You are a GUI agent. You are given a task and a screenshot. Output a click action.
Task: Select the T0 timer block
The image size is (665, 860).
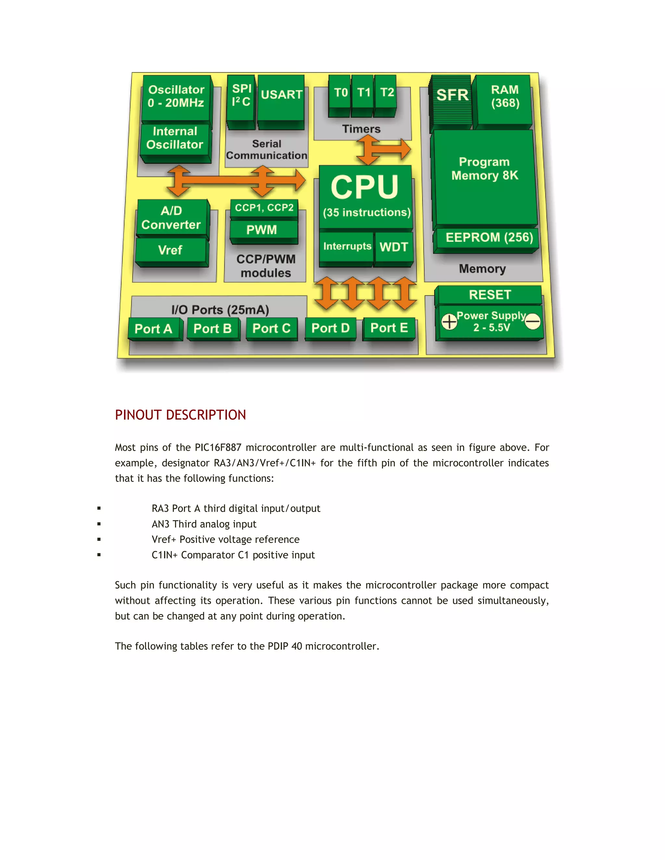pyautogui.click(x=340, y=93)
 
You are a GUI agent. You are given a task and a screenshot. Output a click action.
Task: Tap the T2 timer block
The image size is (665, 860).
pyautogui.click(x=386, y=93)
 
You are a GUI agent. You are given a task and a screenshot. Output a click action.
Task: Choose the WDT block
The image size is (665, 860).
pyautogui.click(x=394, y=247)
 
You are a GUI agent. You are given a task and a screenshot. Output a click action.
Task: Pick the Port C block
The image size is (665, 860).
pyautogui.click(x=271, y=328)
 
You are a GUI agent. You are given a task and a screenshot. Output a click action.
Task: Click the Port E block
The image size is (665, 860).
pyautogui.click(x=389, y=328)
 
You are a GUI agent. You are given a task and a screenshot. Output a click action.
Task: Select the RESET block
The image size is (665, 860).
pyautogui.click(x=490, y=295)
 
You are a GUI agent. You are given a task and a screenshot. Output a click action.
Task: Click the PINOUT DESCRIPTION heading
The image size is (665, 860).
pyautogui.click(x=181, y=415)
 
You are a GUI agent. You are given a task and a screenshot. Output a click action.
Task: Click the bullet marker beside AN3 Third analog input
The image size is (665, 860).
pyautogui.click(x=99, y=524)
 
